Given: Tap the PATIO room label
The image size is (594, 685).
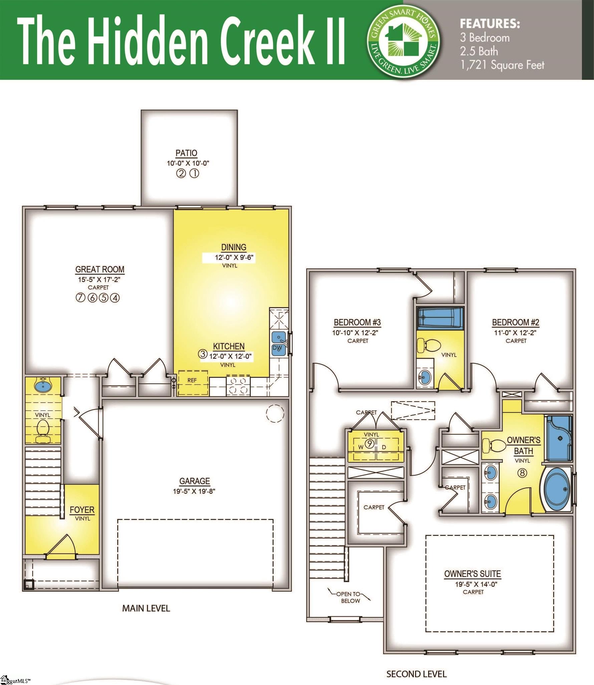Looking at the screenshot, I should [x=186, y=153].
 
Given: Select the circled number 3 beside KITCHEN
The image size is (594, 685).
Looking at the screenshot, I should [x=203, y=354].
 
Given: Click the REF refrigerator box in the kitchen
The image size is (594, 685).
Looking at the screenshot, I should [x=193, y=381].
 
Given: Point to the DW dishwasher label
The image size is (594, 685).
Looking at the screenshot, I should [x=277, y=348].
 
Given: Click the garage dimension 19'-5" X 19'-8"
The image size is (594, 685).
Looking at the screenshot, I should [x=195, y=491].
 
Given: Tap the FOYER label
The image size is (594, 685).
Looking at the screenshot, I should [x=82, y=510].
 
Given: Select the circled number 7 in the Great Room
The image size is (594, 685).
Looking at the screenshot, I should [x=80, y=298].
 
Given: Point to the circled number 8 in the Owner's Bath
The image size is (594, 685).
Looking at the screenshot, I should [x=522, y=473].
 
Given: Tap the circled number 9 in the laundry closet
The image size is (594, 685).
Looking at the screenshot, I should [x=369, y=444].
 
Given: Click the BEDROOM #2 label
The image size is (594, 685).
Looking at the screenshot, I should [x=516, y=322].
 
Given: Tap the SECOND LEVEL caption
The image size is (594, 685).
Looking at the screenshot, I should [x=416, y=674].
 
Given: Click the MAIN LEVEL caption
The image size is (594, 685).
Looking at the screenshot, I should [x=146, y=608].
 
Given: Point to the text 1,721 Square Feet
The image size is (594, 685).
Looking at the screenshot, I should [x=502, y=65].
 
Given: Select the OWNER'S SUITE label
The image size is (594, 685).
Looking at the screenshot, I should [x=472, y=574].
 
